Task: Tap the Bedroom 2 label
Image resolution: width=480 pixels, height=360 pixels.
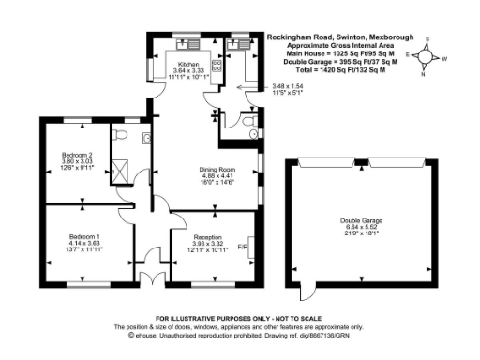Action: [x=76, y=154]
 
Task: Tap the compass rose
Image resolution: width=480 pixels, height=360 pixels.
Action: [x=427, y=56]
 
